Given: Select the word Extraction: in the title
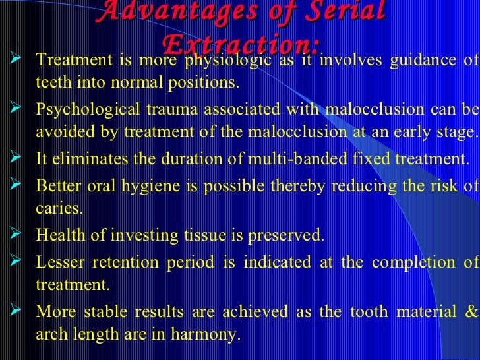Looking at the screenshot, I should [241, 44].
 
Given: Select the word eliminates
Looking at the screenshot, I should [89, 159].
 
